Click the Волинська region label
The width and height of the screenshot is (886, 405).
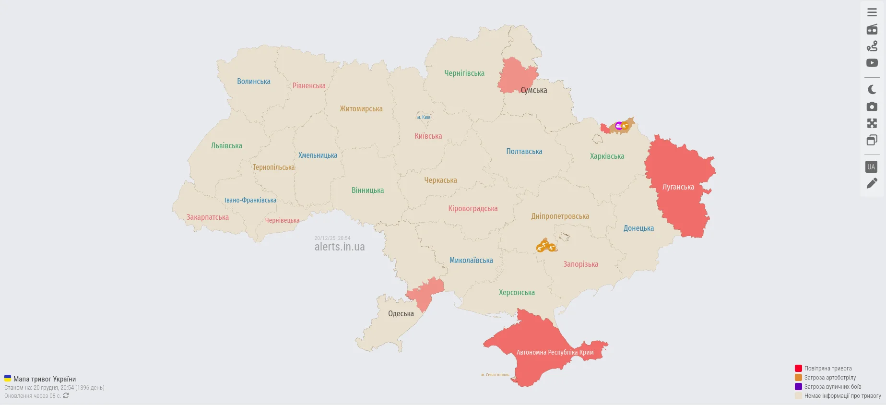(x=254, y=82)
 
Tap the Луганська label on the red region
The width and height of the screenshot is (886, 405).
(x=678, y=187)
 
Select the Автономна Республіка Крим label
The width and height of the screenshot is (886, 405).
(x=555, y=352)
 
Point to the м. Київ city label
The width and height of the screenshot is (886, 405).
(x=424, y=117)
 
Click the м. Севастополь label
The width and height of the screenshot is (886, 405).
(x=495, y=375)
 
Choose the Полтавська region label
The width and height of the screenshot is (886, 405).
(x=524, y=152)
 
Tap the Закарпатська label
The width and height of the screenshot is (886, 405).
(x=207, y=217)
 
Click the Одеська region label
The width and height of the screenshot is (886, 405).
(x=401, y=314)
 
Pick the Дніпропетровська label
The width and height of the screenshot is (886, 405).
(x=560, y=216)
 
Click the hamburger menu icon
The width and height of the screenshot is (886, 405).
(x=872, y=12)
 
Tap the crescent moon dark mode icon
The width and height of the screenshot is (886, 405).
(x=872, y=90)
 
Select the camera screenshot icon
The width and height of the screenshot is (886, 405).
(x=872, y=107)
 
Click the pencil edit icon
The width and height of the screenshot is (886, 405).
(x=872, y=183)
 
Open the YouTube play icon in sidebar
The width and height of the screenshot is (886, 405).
(x=872, y=63)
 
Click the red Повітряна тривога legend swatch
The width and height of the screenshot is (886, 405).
(x=798, y=369)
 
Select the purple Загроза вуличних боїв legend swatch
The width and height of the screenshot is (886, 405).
(x=798, y=387)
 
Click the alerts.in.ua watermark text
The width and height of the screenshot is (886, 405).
(x=339, y=247)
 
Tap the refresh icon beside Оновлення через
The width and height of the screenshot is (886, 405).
(x=66, y=396)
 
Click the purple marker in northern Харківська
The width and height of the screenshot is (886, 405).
(x=619, y=126)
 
